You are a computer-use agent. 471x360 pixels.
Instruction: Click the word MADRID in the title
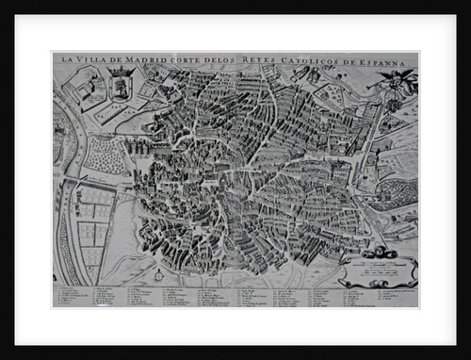pos(140,60)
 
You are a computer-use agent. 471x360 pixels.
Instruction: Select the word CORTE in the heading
pos(187,60)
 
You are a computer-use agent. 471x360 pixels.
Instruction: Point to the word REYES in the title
pos(262,60)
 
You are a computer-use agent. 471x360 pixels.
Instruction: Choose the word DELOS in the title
pos(226,60)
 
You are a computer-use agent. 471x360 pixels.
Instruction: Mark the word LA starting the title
pos(65,60)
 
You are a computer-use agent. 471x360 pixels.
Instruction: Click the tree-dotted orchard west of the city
pos(106,155)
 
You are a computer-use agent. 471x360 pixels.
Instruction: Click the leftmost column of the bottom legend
pos(71,295)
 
